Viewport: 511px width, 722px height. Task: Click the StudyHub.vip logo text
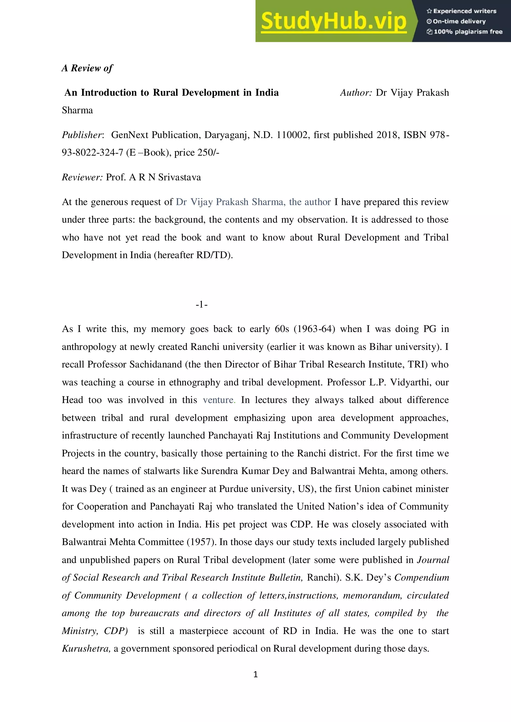tap(334, 21)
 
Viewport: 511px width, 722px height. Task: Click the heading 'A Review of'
tap(87, 68)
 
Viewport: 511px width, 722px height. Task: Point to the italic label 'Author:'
tap(356, 93)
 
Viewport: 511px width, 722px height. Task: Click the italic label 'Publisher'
tap(82, 135)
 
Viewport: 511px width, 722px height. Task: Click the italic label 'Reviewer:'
tap(82, 177)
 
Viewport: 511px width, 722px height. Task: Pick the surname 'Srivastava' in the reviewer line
tap(179, 177)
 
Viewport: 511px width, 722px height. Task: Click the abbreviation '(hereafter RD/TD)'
tap(193, 255)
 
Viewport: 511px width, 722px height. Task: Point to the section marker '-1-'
tap(201, 304)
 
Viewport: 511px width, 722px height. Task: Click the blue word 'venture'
tap(218, 400)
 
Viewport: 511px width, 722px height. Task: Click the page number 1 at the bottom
tap(255, 674)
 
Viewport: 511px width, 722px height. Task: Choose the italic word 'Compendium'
tap(421, 577)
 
